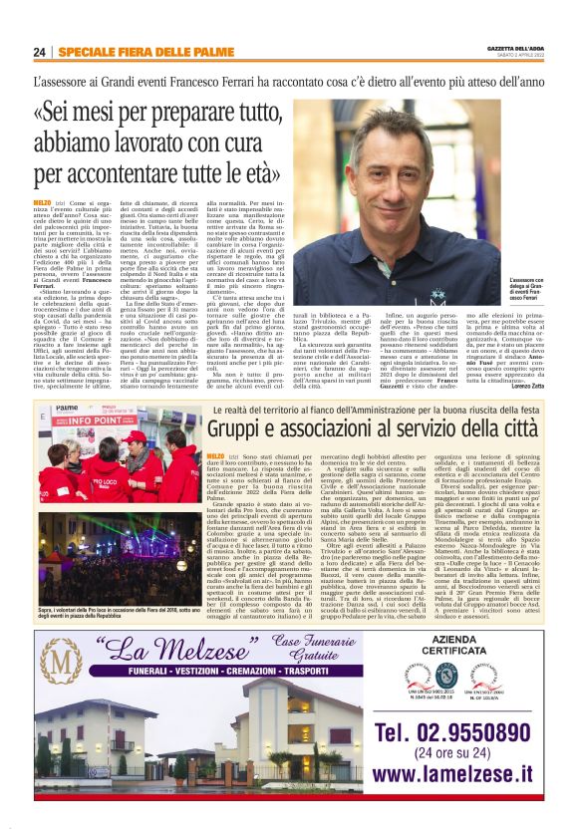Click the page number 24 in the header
point(40,52)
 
